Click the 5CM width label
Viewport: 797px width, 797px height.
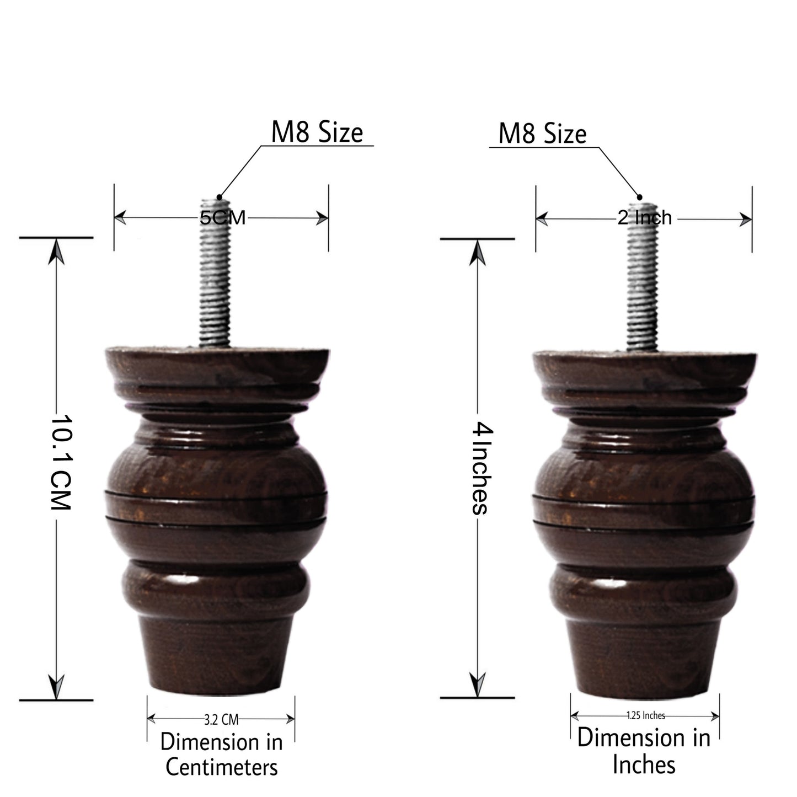(x=222, y=217)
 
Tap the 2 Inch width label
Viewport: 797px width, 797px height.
(x=644, y=218)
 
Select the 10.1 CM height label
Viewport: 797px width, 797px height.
(x=61, y=462)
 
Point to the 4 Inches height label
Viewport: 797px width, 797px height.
(x=482, y=468)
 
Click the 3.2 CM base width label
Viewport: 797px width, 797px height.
(x=221, y=720)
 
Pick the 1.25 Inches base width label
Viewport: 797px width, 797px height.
(x=646, y=715)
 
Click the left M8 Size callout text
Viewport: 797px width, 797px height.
(x=317, y=132)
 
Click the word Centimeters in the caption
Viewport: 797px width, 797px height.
(x=222, y=767)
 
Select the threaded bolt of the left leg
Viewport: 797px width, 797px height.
(x=215, y=273)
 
